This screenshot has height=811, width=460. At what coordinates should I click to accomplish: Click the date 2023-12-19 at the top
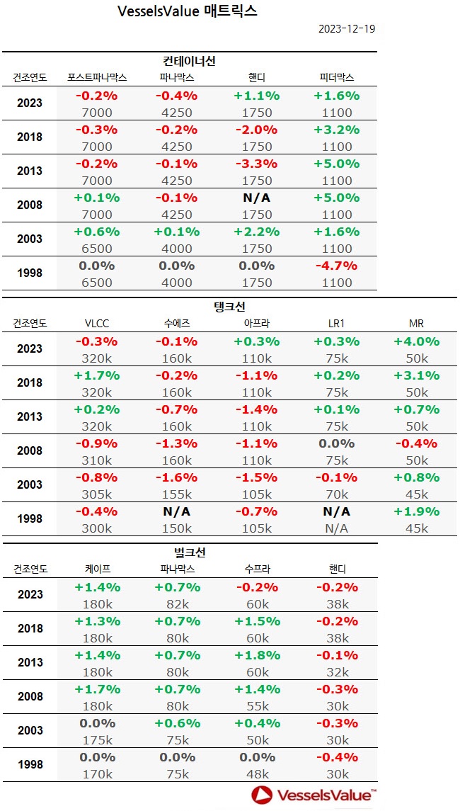tap(346, 29)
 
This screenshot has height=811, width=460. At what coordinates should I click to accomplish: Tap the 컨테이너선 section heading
tap(190, 62)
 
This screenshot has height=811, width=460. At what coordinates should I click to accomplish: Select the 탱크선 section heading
tap(229, 307)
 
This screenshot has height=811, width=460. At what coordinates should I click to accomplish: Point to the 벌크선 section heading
tap(190, 552)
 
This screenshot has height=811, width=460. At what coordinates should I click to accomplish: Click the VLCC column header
tap(97, 323)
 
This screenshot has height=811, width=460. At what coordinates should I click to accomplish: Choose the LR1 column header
tap(336, 323)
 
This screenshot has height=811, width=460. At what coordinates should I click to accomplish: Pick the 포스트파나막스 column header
tap(97, 77)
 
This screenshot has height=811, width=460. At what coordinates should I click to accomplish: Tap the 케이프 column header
tap(97, 569)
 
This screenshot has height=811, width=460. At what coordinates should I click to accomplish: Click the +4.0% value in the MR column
tap(416, 341)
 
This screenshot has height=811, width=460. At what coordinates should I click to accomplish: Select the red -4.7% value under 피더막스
tap(336, 266)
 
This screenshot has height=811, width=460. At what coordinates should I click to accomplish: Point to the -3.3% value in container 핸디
tap(256, 164)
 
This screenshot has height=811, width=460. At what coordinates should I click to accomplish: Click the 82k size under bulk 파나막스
tap(177, 604)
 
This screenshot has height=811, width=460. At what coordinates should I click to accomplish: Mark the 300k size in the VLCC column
tap(97, 528)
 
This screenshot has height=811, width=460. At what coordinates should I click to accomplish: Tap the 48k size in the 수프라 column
tap(256, 774)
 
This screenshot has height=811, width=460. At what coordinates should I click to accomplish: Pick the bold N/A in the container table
tap(256, 198)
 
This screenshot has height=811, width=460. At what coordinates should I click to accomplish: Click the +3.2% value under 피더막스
tap(336, 130)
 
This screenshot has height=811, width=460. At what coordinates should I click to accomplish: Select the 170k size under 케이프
tap(97, 774)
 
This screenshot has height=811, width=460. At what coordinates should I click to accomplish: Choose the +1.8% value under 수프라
tap(256, 654)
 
